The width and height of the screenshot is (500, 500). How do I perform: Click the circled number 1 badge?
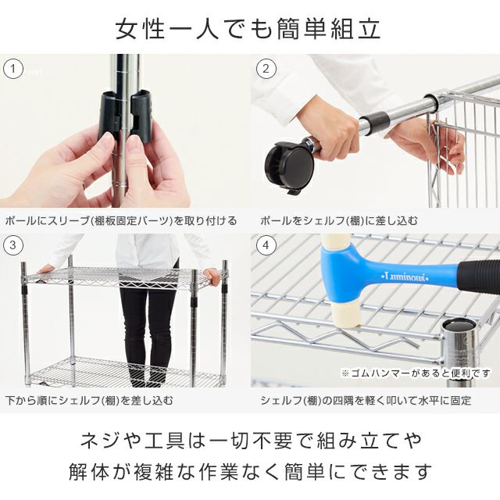pyautogui.click(x=13, y=69)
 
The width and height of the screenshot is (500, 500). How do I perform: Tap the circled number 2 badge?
pyautogui.click(x=266, y=69)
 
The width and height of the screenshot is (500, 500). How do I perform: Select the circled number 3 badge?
pyautogui.click(x=13, y=245)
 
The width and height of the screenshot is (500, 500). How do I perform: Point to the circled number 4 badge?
pyautogui.click(x=266, y=245)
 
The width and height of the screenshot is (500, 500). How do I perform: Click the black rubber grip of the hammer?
pyautogui.click(x=479, y=274)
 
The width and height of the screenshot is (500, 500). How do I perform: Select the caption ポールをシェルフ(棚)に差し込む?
pyautogui.click(x=338, y=220)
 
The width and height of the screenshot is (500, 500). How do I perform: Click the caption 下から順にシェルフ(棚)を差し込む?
pyautogui.click(x=89, y=400)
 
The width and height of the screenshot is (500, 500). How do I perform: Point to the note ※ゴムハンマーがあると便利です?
pyautogui.click(x=416, y=373)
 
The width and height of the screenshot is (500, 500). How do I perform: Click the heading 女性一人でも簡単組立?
pyautogui.click(x=248, y=29)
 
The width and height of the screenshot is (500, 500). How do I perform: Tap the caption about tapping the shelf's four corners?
pyautogui.click(x=366, y=400)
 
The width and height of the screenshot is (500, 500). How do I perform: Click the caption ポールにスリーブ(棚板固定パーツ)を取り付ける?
pyautogui.click(x=121, y=220)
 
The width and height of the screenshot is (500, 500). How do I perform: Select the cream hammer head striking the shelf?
pyautogui.click(x=346, y=315)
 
